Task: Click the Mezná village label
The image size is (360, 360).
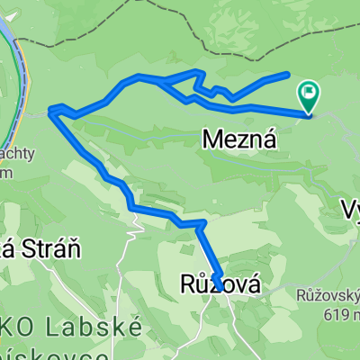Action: tap(237, 139)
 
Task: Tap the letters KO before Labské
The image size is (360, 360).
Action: tap(27, 328)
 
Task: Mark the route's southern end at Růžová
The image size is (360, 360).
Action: tap(218, 288)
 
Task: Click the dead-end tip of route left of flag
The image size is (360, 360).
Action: tap(287, 74)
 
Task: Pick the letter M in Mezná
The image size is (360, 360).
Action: tap(212, 139)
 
